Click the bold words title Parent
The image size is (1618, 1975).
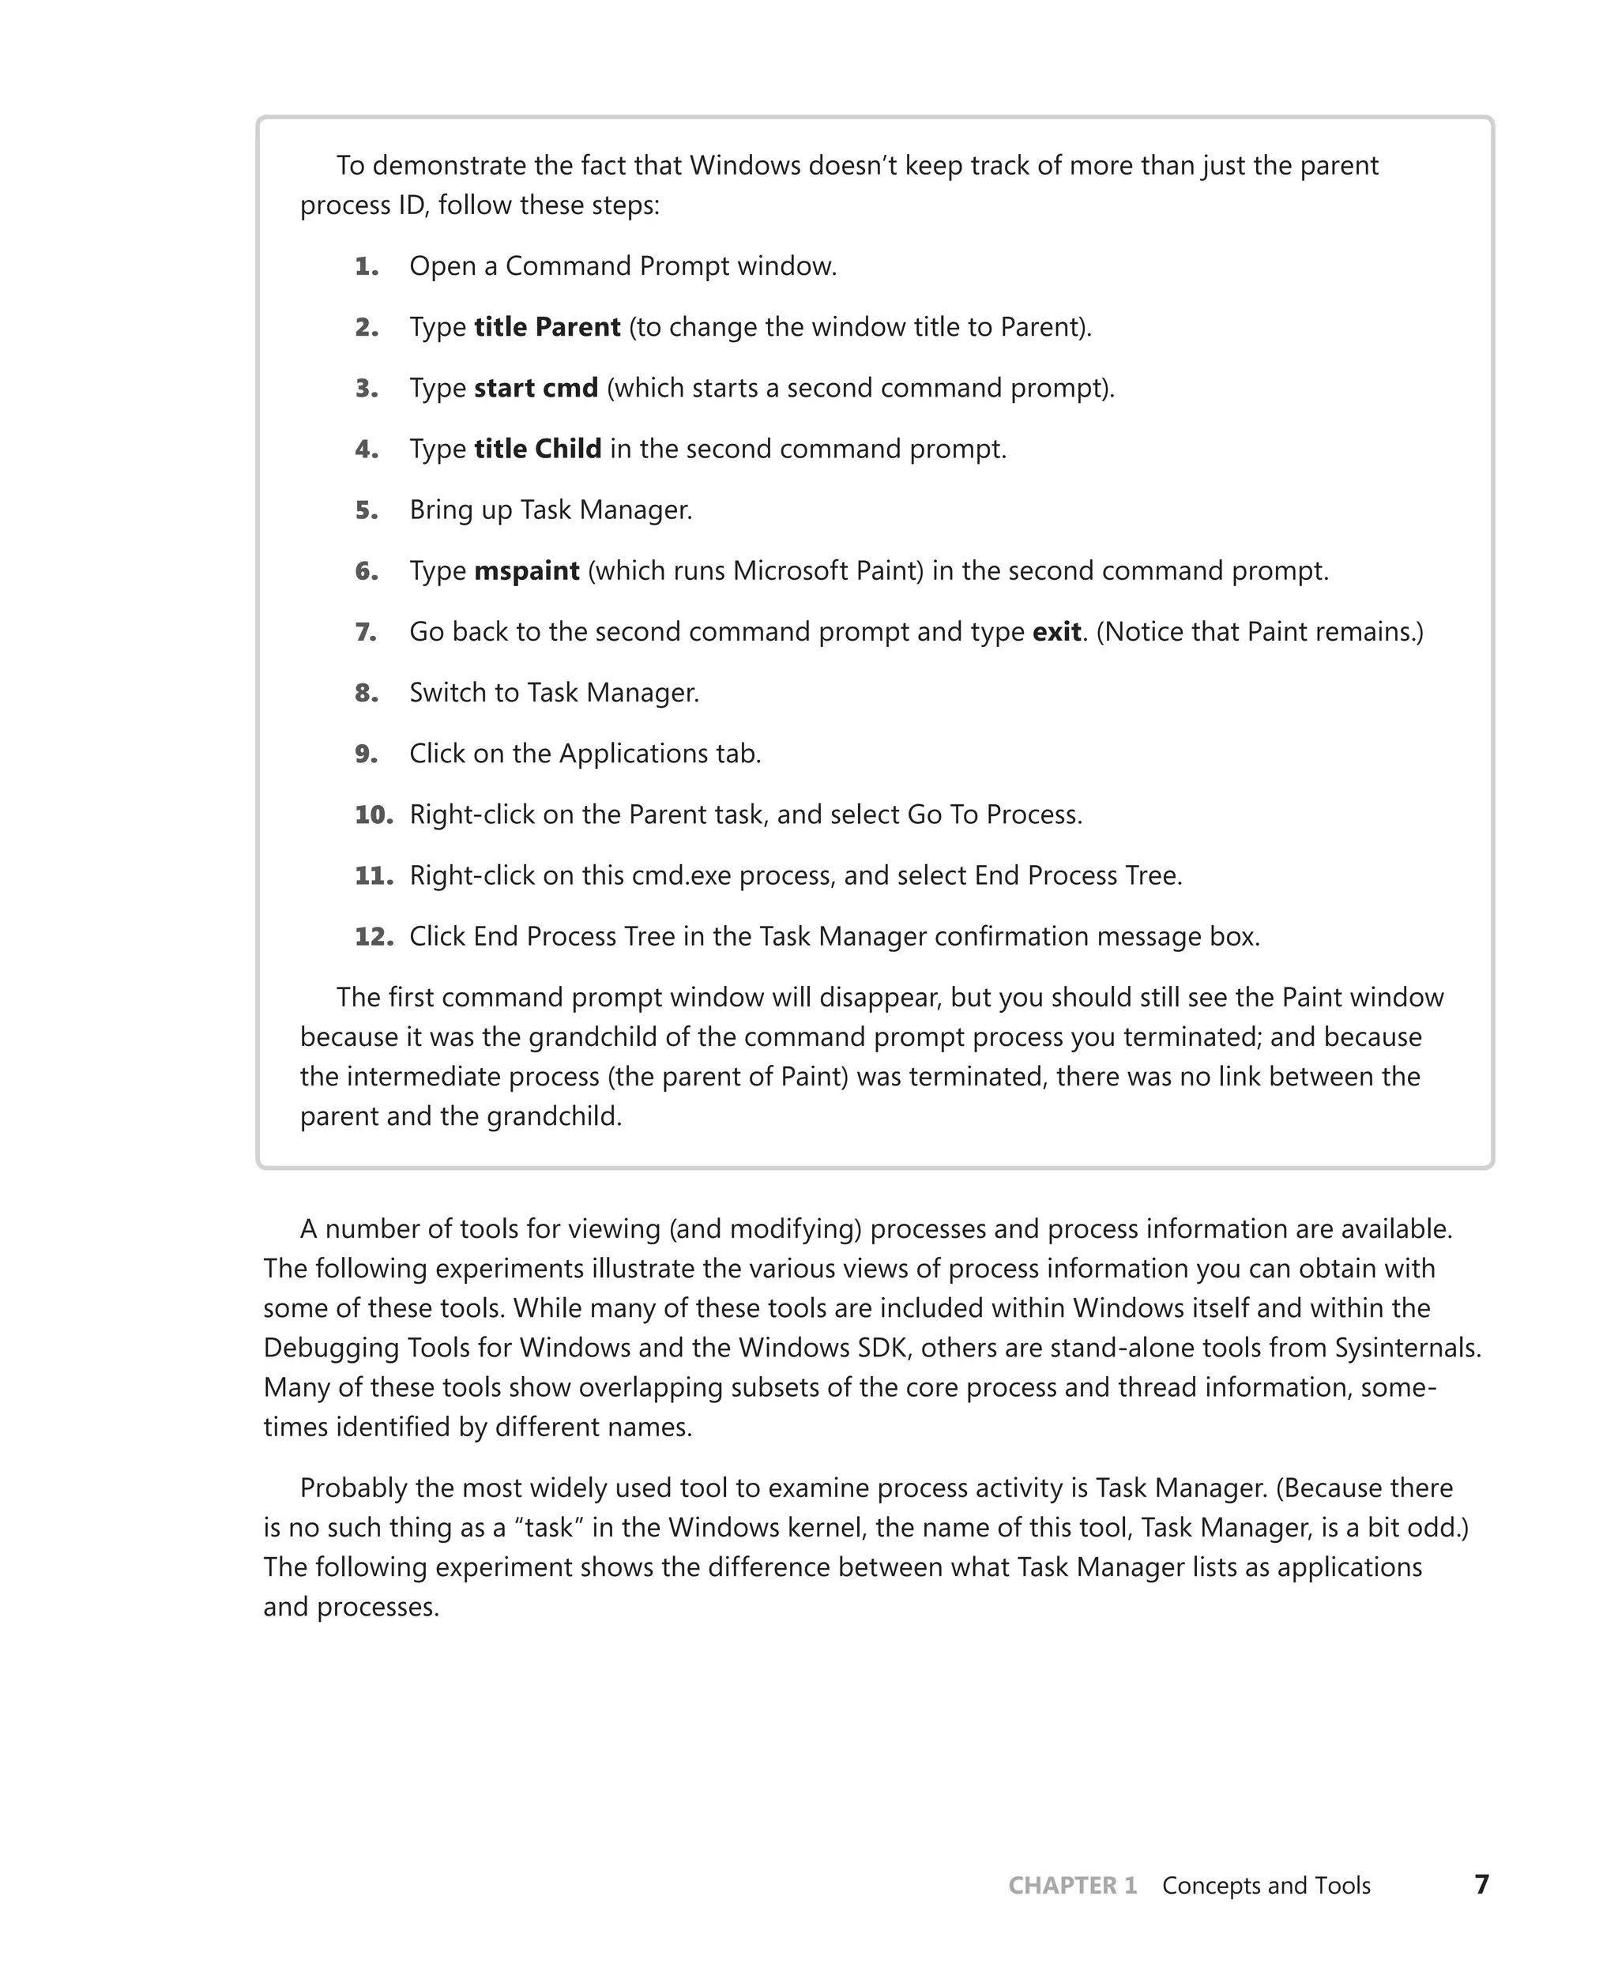(x=547, y=327)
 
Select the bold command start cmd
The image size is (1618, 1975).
(x=536, y=388)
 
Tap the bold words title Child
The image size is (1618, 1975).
(x=538, y=450)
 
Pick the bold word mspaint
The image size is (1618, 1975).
(x=527, y=570)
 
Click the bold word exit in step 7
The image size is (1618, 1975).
(x=1056, y=632)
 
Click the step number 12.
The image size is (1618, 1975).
(x=374, y=937)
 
